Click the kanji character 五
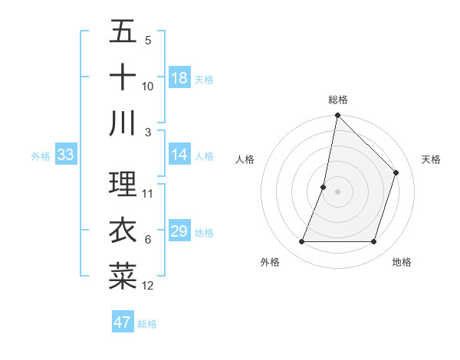[x=123, y=32]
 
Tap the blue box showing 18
[x=179, y=78]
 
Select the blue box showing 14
[x=179, y=155]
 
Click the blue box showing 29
[x=179, y=231]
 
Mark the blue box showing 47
[x=123, y=322]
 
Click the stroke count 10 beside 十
[x=148, y=87]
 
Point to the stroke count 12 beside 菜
[x=148, y=286]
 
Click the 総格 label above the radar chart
[x=337, y=100]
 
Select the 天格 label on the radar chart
[x=431, y=159]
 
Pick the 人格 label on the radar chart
[x=245, y=159]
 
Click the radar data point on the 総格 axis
[x=337, y=116]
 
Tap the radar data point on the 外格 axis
[x=301, y=242]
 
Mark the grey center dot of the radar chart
[x=337, y=191]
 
